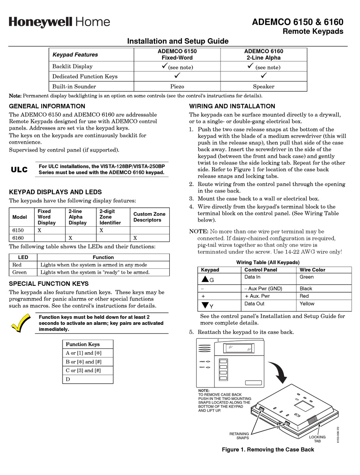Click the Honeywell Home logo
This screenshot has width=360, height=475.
(59, 22)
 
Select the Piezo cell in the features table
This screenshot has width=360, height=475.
(177, 86)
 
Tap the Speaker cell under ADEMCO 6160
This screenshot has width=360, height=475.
(263, 86)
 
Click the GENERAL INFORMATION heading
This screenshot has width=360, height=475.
(47, 106)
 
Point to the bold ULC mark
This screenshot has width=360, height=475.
(19, 169)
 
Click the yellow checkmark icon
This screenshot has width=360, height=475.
(21, 323)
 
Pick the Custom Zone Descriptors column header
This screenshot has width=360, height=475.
(149, 217)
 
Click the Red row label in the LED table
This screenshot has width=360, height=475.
(17, 265)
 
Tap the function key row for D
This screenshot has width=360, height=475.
(88, 379)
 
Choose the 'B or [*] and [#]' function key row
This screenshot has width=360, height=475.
(88, 362)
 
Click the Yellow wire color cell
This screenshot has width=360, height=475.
(307, 304)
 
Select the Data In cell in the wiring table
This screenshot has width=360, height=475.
(252, 277)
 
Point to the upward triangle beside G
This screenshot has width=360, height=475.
(205, 279)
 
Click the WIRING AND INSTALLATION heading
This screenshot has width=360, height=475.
(232, 106)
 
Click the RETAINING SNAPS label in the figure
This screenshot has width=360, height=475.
(239, 436)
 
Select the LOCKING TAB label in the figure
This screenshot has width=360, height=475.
(317, 439)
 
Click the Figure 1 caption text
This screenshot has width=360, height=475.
(268, 450)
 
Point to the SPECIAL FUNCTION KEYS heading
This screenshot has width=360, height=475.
(49, 284)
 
